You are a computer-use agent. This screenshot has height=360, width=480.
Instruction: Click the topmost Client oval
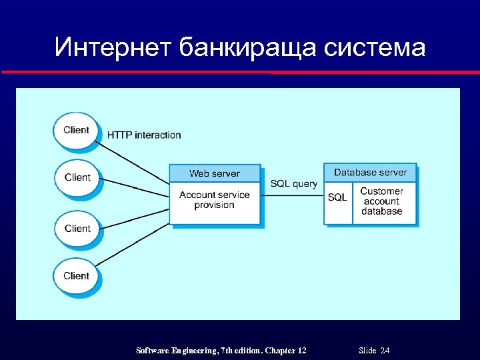[76, 130]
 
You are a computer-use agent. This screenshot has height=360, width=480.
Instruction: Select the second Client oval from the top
[77, 177]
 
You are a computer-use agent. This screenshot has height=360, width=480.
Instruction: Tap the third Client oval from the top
[77, 229]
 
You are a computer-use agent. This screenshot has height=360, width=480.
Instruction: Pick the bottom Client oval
[76, 276]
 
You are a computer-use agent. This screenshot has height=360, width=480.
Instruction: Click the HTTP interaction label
[144, 135]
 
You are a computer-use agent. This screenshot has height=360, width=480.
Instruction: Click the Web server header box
[215, 173]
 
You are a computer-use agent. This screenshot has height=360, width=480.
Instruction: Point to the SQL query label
[293, 184]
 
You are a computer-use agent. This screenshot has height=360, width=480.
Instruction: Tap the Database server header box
[370, 173]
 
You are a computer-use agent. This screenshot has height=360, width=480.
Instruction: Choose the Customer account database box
[382, 201]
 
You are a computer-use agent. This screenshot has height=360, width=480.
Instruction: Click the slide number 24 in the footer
[385, 351]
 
